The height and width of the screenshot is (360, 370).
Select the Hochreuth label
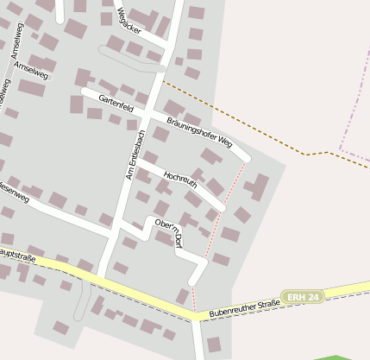pyautogui.click(x=179, y=179)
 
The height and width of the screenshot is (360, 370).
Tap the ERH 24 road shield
pyautogui.click(x=302, y=296)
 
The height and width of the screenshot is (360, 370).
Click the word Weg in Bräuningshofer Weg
pyautogui.click(x=223, y=139)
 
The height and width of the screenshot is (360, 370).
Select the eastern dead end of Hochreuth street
pyautogui.click(x=221, y=206)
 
